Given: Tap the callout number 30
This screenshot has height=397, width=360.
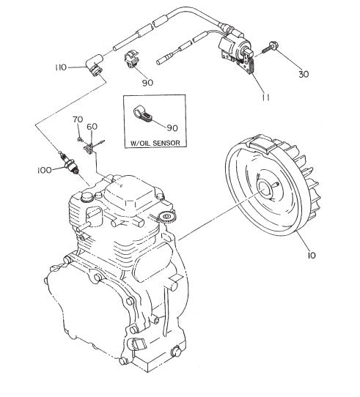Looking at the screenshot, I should click(x=304, y=74).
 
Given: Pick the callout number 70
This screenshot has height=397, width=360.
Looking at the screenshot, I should click(x=78, y=119).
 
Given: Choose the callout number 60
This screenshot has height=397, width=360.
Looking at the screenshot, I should click(x=92, y=127).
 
